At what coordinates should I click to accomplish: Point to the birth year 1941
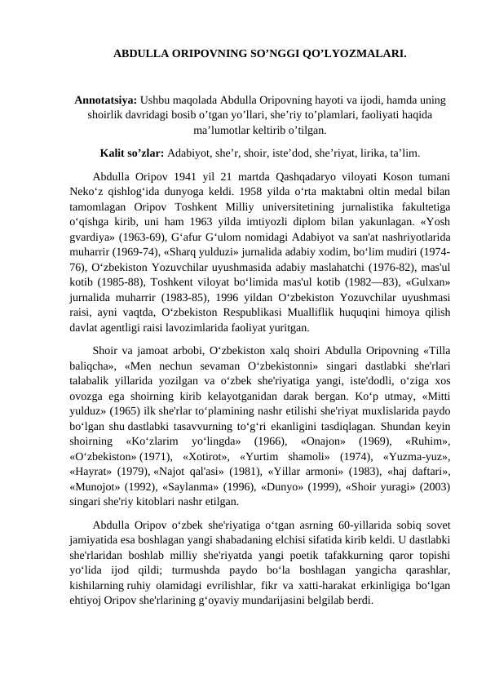(207, 175)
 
